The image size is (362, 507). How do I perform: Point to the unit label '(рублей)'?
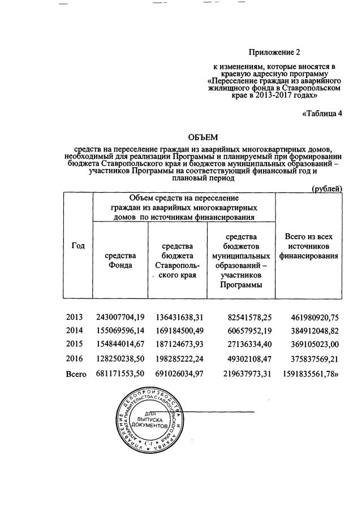coord(327,188)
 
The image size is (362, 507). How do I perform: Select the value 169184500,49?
coord(178,331)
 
